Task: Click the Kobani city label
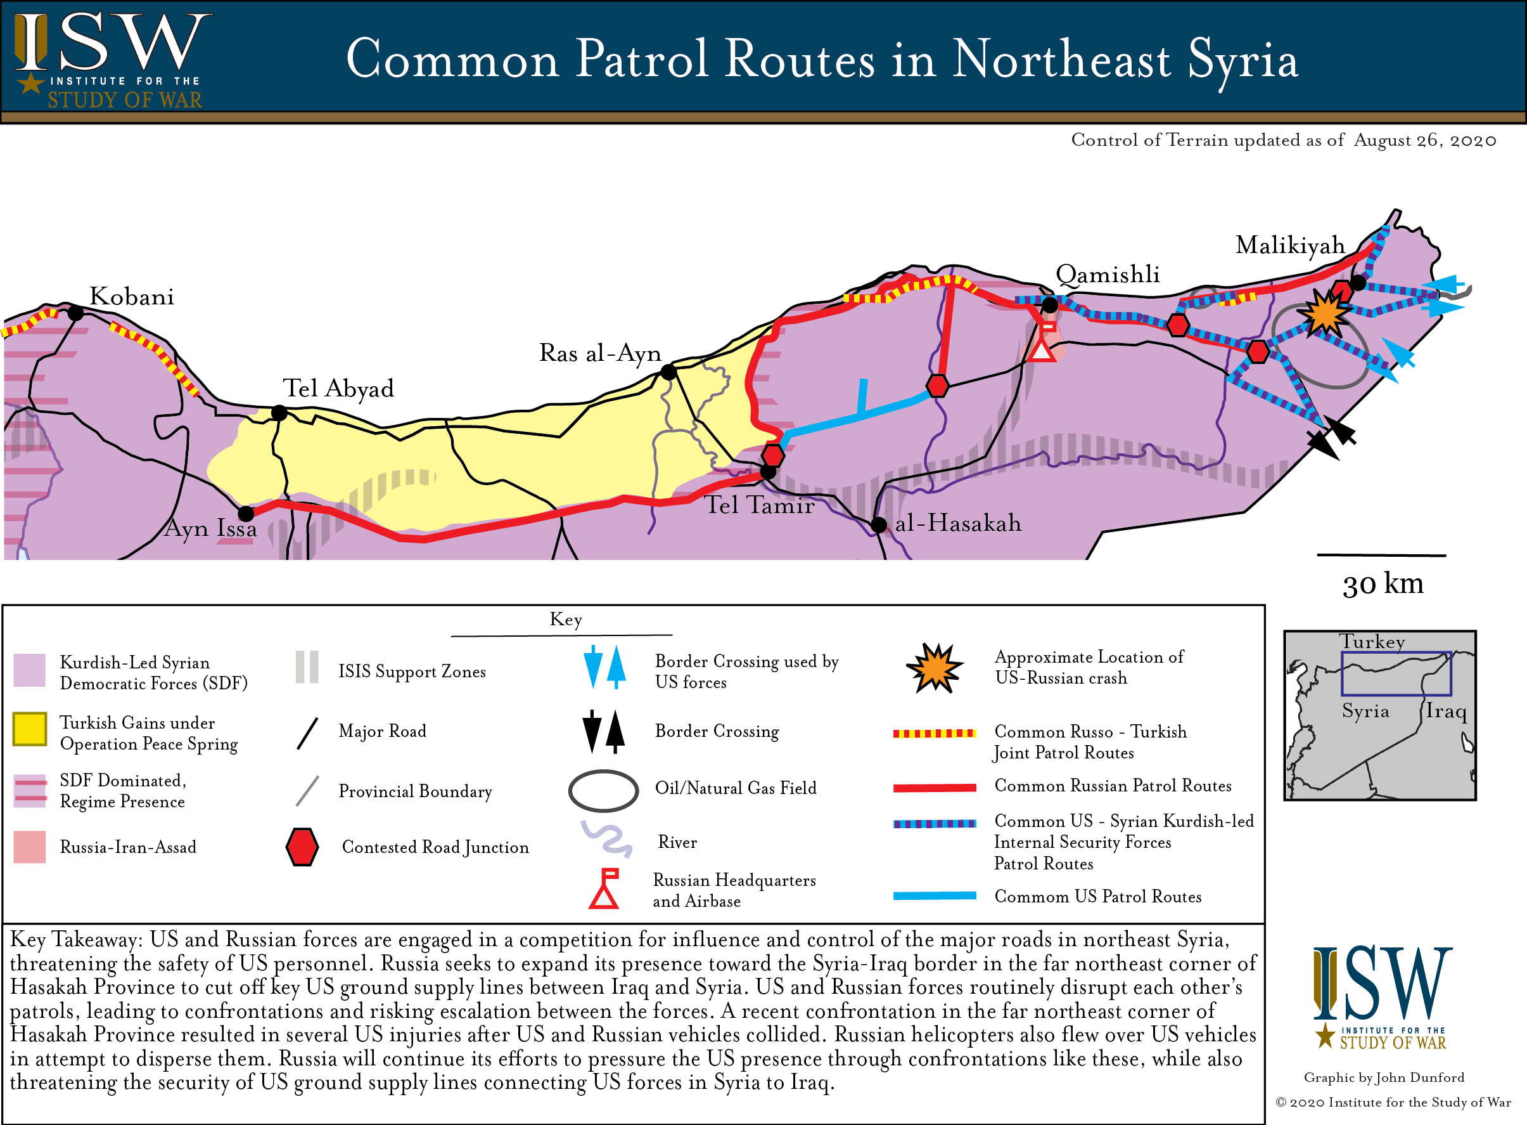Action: (131, 297)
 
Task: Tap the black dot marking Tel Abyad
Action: (279, 413)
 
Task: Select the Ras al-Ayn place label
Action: (599, 353)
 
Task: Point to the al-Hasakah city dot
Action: (879, 525)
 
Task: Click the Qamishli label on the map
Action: (1107, 275)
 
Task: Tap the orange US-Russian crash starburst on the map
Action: (1324, 314)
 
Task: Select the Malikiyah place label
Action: (1289, 245)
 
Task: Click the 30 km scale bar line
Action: (1381, 556)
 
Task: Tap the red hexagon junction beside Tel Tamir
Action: (772, 455)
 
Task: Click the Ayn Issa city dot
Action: (246, 514)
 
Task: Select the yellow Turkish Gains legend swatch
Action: (30, 729)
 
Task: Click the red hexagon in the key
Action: (302, 847)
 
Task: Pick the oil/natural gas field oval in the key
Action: (603, 791)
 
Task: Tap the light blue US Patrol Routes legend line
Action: (935, 896)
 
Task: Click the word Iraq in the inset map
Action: (1445, 712)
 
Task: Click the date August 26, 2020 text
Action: (1425, 140)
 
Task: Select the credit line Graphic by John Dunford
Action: (1383, 1077)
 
